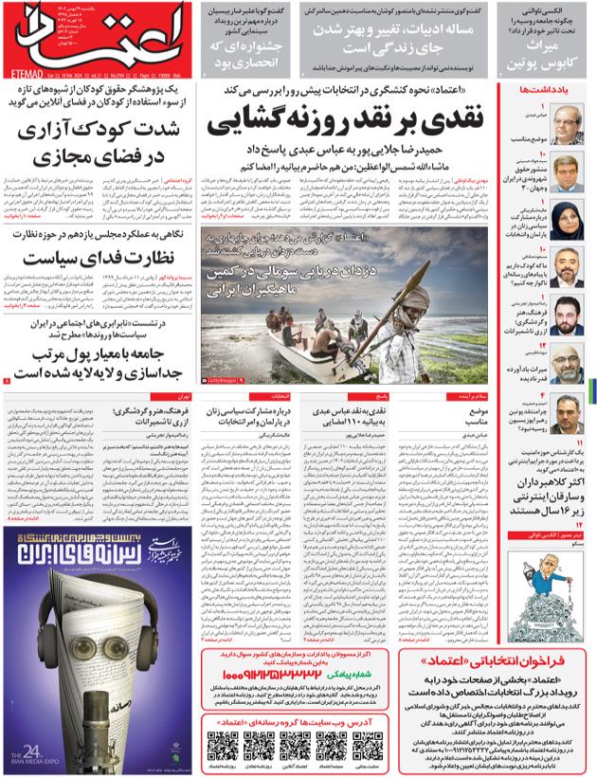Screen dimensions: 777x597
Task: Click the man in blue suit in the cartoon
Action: (x=541, y=579)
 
